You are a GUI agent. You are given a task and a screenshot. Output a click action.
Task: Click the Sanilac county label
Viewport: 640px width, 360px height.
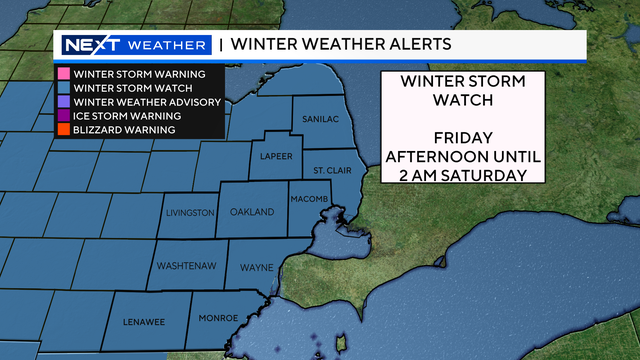click(320, 119)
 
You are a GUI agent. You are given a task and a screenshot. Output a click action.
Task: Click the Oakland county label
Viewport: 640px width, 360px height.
click(251, 213)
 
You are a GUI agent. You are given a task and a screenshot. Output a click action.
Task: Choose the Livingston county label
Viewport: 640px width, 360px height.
click(189, 213)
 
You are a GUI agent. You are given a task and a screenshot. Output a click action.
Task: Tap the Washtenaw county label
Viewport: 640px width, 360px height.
click(183, 268)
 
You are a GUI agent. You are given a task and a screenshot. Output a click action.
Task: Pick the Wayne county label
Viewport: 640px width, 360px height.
click(255, 268)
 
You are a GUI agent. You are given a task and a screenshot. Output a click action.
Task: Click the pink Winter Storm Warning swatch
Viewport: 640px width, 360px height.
click(62, 74)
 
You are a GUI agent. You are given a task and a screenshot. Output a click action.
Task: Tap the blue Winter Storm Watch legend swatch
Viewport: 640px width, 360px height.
click(62, 88)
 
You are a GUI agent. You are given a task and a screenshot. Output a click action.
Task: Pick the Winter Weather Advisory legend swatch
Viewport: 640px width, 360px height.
click(62, 102)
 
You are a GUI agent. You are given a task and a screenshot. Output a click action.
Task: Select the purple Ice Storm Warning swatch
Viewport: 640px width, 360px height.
click(62, 116)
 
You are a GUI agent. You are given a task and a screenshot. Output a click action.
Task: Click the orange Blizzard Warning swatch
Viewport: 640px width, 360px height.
click(62, 130)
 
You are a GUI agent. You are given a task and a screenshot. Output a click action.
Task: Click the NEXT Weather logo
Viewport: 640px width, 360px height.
click(134, 45)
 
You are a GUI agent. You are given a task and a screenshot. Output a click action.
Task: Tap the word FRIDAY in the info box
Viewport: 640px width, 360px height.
click(462, 137)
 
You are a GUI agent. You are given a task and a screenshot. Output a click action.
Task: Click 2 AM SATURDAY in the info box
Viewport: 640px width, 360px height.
click(462, 175)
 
